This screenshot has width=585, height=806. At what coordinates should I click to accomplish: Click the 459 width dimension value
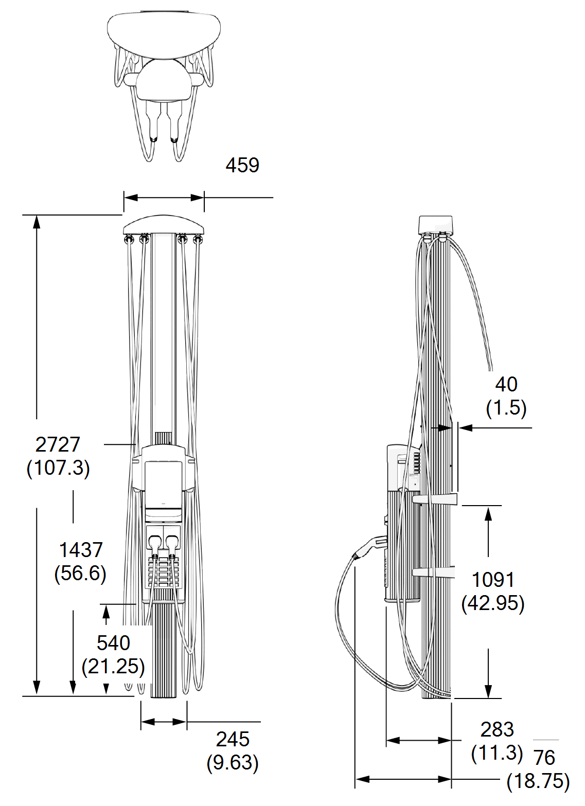[242, 166]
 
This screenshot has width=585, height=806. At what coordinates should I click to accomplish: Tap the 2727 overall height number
[58, 445]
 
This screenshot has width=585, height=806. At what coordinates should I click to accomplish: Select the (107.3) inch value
[58, 468]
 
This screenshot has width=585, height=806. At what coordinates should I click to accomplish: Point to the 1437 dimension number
[81, 550]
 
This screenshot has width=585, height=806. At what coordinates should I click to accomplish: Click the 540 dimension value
[113, 643]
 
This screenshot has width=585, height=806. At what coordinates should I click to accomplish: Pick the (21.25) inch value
[113, 667]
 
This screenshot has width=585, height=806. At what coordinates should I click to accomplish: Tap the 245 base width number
[233, 740]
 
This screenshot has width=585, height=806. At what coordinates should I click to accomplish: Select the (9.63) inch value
[233, 763]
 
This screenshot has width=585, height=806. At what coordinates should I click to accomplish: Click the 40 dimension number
[506, 385]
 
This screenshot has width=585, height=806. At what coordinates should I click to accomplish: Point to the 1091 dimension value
[493, 580]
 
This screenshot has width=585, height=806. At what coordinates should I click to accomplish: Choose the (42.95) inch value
[493, 603]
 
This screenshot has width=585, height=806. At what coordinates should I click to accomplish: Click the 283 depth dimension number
[497, 730]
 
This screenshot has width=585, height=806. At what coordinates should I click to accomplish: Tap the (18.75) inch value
[538, 781]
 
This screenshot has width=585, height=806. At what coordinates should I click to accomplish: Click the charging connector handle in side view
[370, 546]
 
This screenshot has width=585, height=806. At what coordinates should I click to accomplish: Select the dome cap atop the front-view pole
[164, 225]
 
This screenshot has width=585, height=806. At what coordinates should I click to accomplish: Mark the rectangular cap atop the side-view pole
[435, 224]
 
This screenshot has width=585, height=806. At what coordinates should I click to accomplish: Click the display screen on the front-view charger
[163, 483]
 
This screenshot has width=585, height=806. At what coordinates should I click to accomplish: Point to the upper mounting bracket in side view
[435, 499]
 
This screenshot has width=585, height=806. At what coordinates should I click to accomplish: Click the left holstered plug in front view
[155, 542]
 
